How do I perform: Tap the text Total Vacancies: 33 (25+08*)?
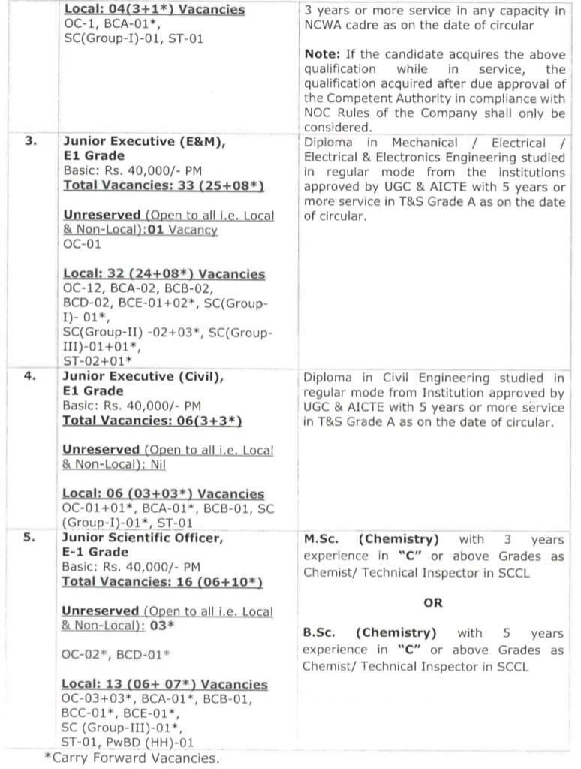coord(163,185)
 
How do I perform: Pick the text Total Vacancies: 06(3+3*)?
coord(152,421)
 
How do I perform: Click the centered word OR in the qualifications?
coord(433,602)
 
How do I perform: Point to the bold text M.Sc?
coord(321,539)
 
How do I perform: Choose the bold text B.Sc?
coord(320,633)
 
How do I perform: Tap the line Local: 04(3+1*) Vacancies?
coord(154,10)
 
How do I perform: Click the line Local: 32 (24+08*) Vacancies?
coord(164,274)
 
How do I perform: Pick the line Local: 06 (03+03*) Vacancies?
coord(163,493)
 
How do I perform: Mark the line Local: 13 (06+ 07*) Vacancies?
coord(164,684)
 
